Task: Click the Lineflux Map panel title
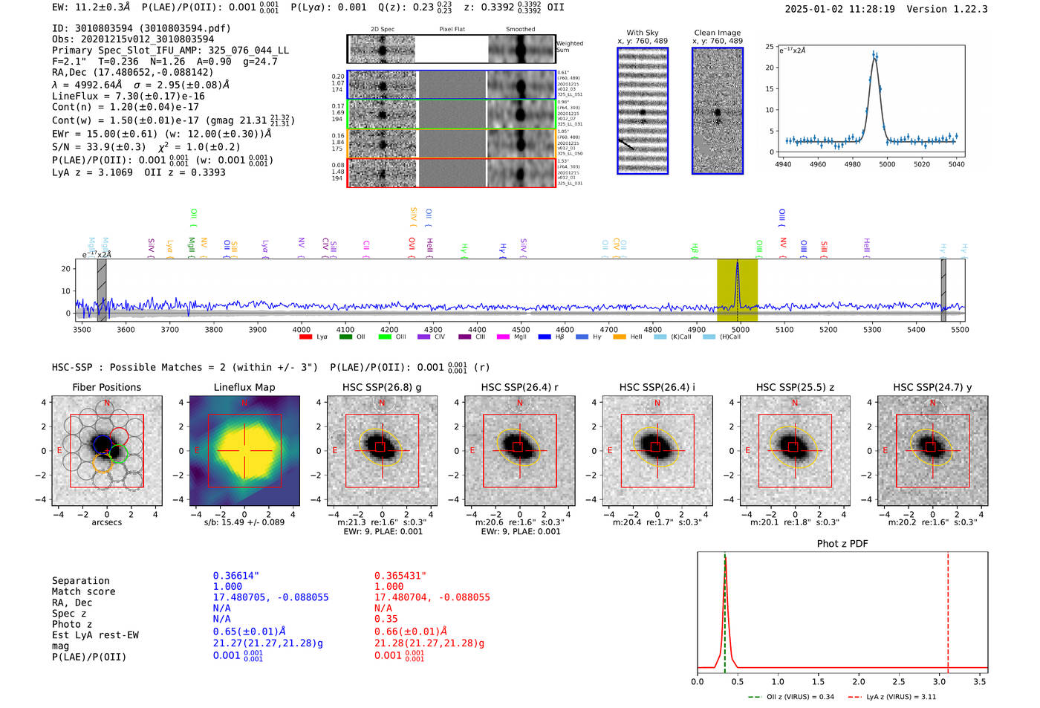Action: pyautogui.click(x=244, y=387)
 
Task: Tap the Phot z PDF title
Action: pyautogui.click(x=842, y=544)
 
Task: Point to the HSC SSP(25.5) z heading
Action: pyautogui.click(x=795, y=387)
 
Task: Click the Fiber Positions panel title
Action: pyautogui.click(x=106, y=387)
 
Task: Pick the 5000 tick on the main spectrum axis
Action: pyautogui.click(x=740, y=329)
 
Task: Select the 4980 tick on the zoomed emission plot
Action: pyautogui.click(x=852, y=164)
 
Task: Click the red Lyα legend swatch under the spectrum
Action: pyautogui.click(x=305, y=337)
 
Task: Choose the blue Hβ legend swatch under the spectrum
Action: pyautogui.click(x=545, y=337)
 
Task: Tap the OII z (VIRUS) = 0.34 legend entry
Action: pyautogui.click(x=791, y=697)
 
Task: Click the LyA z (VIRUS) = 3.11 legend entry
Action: pyautogui.click(x=891, y=697)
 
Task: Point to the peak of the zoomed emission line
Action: pyautogui.click(x=874, y=54)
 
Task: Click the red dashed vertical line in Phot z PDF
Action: pyautogui.click(x=948, y=609)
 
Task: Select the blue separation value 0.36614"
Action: pyautogui.click(x=235, y=576)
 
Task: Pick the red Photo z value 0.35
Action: pyautogui.click(x=386, y=619)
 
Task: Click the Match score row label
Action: pyautogui.click(x=83, y=591)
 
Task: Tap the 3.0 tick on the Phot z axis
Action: pyautogui.click(x=939, y=681)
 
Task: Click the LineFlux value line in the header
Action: pyautogui.click(x=128, y=96)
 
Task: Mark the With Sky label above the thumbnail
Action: pyautogui.click(x=642, y=33)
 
